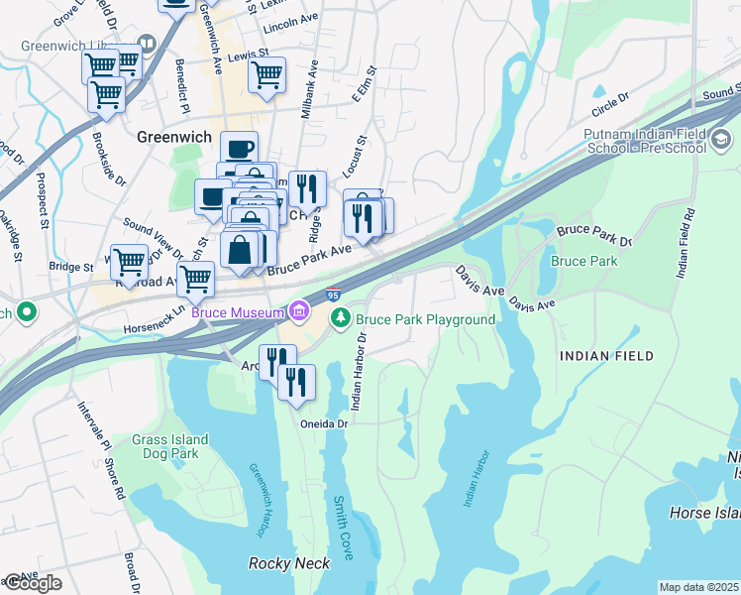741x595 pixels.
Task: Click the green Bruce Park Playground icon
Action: click(341, 318)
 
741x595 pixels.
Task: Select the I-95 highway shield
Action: click(334, 295)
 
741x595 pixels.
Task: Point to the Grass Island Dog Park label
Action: click(170, 446)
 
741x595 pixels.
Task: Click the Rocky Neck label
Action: click(285, 563)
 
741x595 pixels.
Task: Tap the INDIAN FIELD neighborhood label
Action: click(604, 355)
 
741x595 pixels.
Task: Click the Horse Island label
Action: click(704, 513)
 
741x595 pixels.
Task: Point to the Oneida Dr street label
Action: click(326, 423)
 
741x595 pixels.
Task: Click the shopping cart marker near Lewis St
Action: click(266, 75)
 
